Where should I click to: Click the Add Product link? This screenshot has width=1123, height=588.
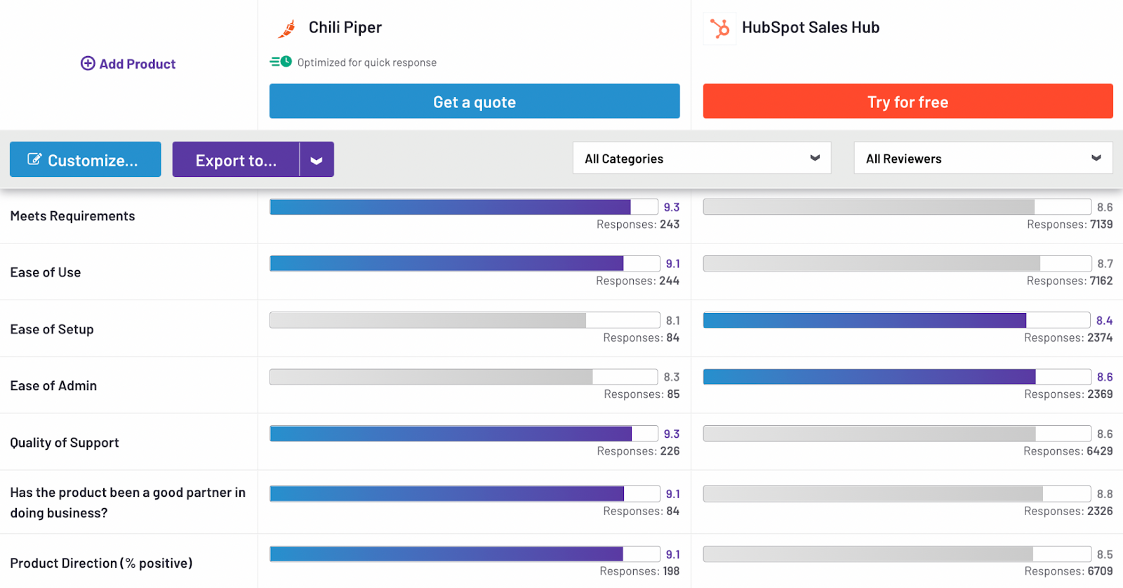[x=128, y=64]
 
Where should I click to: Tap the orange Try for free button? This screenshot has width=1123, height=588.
[x=908, y=102]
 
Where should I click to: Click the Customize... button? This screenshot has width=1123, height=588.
[x=85, y=160]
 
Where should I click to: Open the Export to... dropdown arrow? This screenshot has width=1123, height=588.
[x=317, y=160]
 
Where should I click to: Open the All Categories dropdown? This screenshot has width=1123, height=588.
[x=701, y=159]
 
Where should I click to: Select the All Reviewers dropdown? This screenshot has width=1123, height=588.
[x=983, y=159]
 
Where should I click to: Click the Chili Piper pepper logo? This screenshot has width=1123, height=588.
[x=287, y=28]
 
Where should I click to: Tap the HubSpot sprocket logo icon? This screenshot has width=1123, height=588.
[x=719, y=28]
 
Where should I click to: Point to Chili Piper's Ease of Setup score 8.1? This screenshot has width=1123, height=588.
[x=672, y=321]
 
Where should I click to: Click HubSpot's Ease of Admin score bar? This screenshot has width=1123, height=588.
[x=896, y=377]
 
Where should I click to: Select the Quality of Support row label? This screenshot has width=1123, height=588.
[x=65, y=443]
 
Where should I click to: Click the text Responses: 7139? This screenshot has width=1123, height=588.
[x=1069, y=225]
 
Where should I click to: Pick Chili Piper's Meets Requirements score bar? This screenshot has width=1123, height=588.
[x=464, y=207]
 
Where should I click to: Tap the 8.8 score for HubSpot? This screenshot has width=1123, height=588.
[x=1104, y=494]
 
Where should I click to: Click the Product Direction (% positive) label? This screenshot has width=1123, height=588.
[x=101, y=563]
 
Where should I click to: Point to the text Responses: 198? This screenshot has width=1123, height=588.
[x=639, y=571]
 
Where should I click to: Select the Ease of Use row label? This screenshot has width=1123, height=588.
[x=46, y=272]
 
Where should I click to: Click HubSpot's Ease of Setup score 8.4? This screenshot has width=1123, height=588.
[x=1104, y=321]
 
